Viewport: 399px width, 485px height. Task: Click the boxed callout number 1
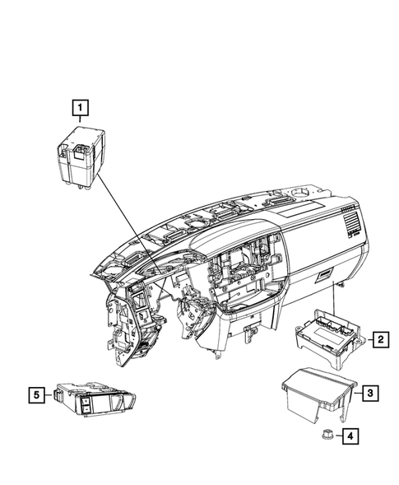tap(79, 106)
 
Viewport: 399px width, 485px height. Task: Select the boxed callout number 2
tap(380, 338)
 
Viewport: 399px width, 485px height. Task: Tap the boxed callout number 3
tap(371, 394)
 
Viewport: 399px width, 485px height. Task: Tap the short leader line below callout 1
tap(80, 120)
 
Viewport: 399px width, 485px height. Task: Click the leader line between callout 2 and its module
tap(364, 338)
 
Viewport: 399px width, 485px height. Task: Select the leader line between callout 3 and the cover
tap(355, 394)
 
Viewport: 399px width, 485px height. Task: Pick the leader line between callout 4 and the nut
tap(338, 436)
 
